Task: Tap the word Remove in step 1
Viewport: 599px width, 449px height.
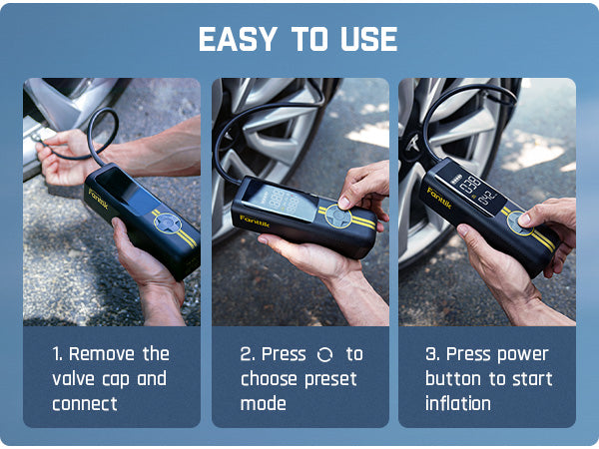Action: tap(105, 354)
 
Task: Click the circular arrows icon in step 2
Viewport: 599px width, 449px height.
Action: tap(324, 355)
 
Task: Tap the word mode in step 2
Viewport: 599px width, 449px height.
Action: tap(264, 404)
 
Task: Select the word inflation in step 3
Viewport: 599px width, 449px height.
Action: tap(458, 404)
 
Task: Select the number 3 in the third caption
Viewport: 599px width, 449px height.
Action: tap(431, 354)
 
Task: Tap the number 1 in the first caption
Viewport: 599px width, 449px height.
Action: tap(57, 354)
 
